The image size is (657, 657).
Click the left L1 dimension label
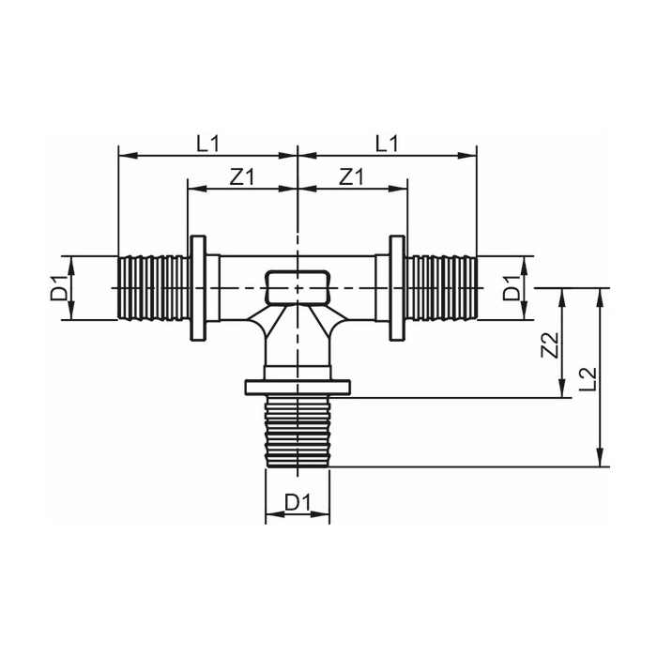pyautogui.click(x=207, y=143)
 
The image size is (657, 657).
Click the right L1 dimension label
pyautogui.click(x=387, y=143)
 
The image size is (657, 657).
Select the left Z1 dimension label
pyautogui.click(x=242, y=176)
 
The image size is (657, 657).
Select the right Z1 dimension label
pyautogui.click(x=352, y=176)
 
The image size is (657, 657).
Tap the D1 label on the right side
pyautogui.click(x=512, y=287)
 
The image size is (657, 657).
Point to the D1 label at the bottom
pyautogui.click(x=298, y=503)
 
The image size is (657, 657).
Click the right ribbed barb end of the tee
pyautogui.click(x=441, y=288)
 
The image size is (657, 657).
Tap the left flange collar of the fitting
pyautogui.click(x=199, y=288)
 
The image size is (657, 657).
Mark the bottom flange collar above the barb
pyautogui.click(x=298, y=387)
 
